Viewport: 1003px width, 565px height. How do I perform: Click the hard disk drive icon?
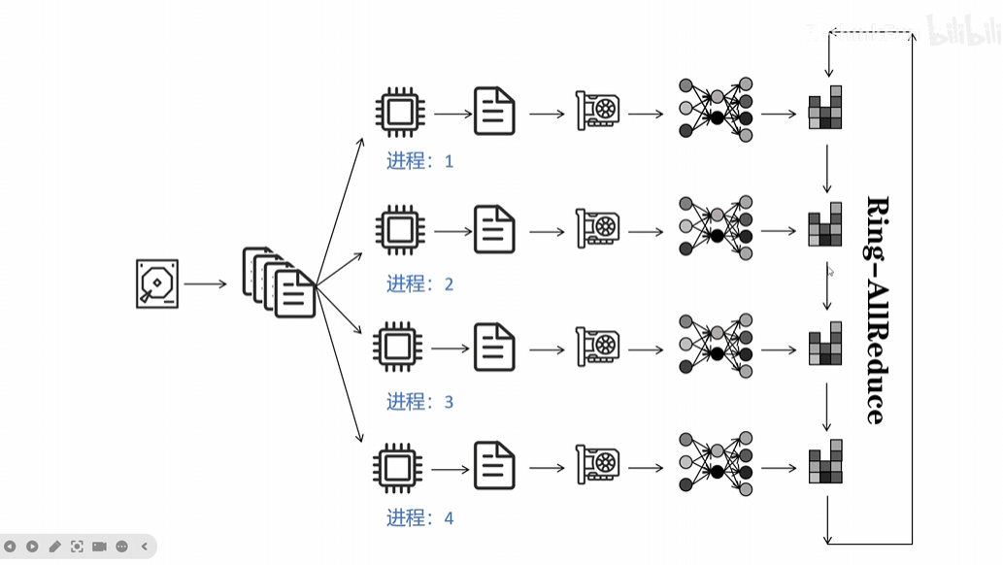pyautogui.click(x=157, y=283)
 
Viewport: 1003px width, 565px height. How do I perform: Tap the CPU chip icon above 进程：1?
pyautogui.click(x=399, y=113)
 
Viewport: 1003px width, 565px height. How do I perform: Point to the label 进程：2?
pyautogui.click(x=419, y=284)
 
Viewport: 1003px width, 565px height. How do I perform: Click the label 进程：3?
pyautogui.click(x=419, y=402)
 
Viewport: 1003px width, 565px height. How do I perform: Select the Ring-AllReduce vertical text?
pyautogui.click(x=876, y=310)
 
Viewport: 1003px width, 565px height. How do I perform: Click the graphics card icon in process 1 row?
pyautogui.click(x=597, y=112)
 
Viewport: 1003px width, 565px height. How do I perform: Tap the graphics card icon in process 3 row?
pyautogui.click(x=597, y=348)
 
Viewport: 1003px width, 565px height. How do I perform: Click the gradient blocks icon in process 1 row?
pyautogui.click(x=825, y=109)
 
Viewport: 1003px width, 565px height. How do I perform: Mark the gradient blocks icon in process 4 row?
pyautogui.click(x=825, y=463)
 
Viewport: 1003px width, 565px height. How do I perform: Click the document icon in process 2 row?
pyautogui.click(x=494, y=230)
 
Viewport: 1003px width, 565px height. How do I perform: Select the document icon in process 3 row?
pyautogui.click(x=494, y=348)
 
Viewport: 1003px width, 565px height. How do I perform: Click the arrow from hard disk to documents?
pyautogui.click(x=206, y=284)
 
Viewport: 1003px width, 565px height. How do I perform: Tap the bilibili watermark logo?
pyautogui.click(x=961, y=30)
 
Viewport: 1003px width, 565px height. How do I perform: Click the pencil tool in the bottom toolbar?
pyautogui.click(x=55, y=547)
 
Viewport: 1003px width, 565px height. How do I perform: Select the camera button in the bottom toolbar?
pyautogui.click(x=99, y=547)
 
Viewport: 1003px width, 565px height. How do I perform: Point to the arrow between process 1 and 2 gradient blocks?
pyautogui.click(x=827, y=169)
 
